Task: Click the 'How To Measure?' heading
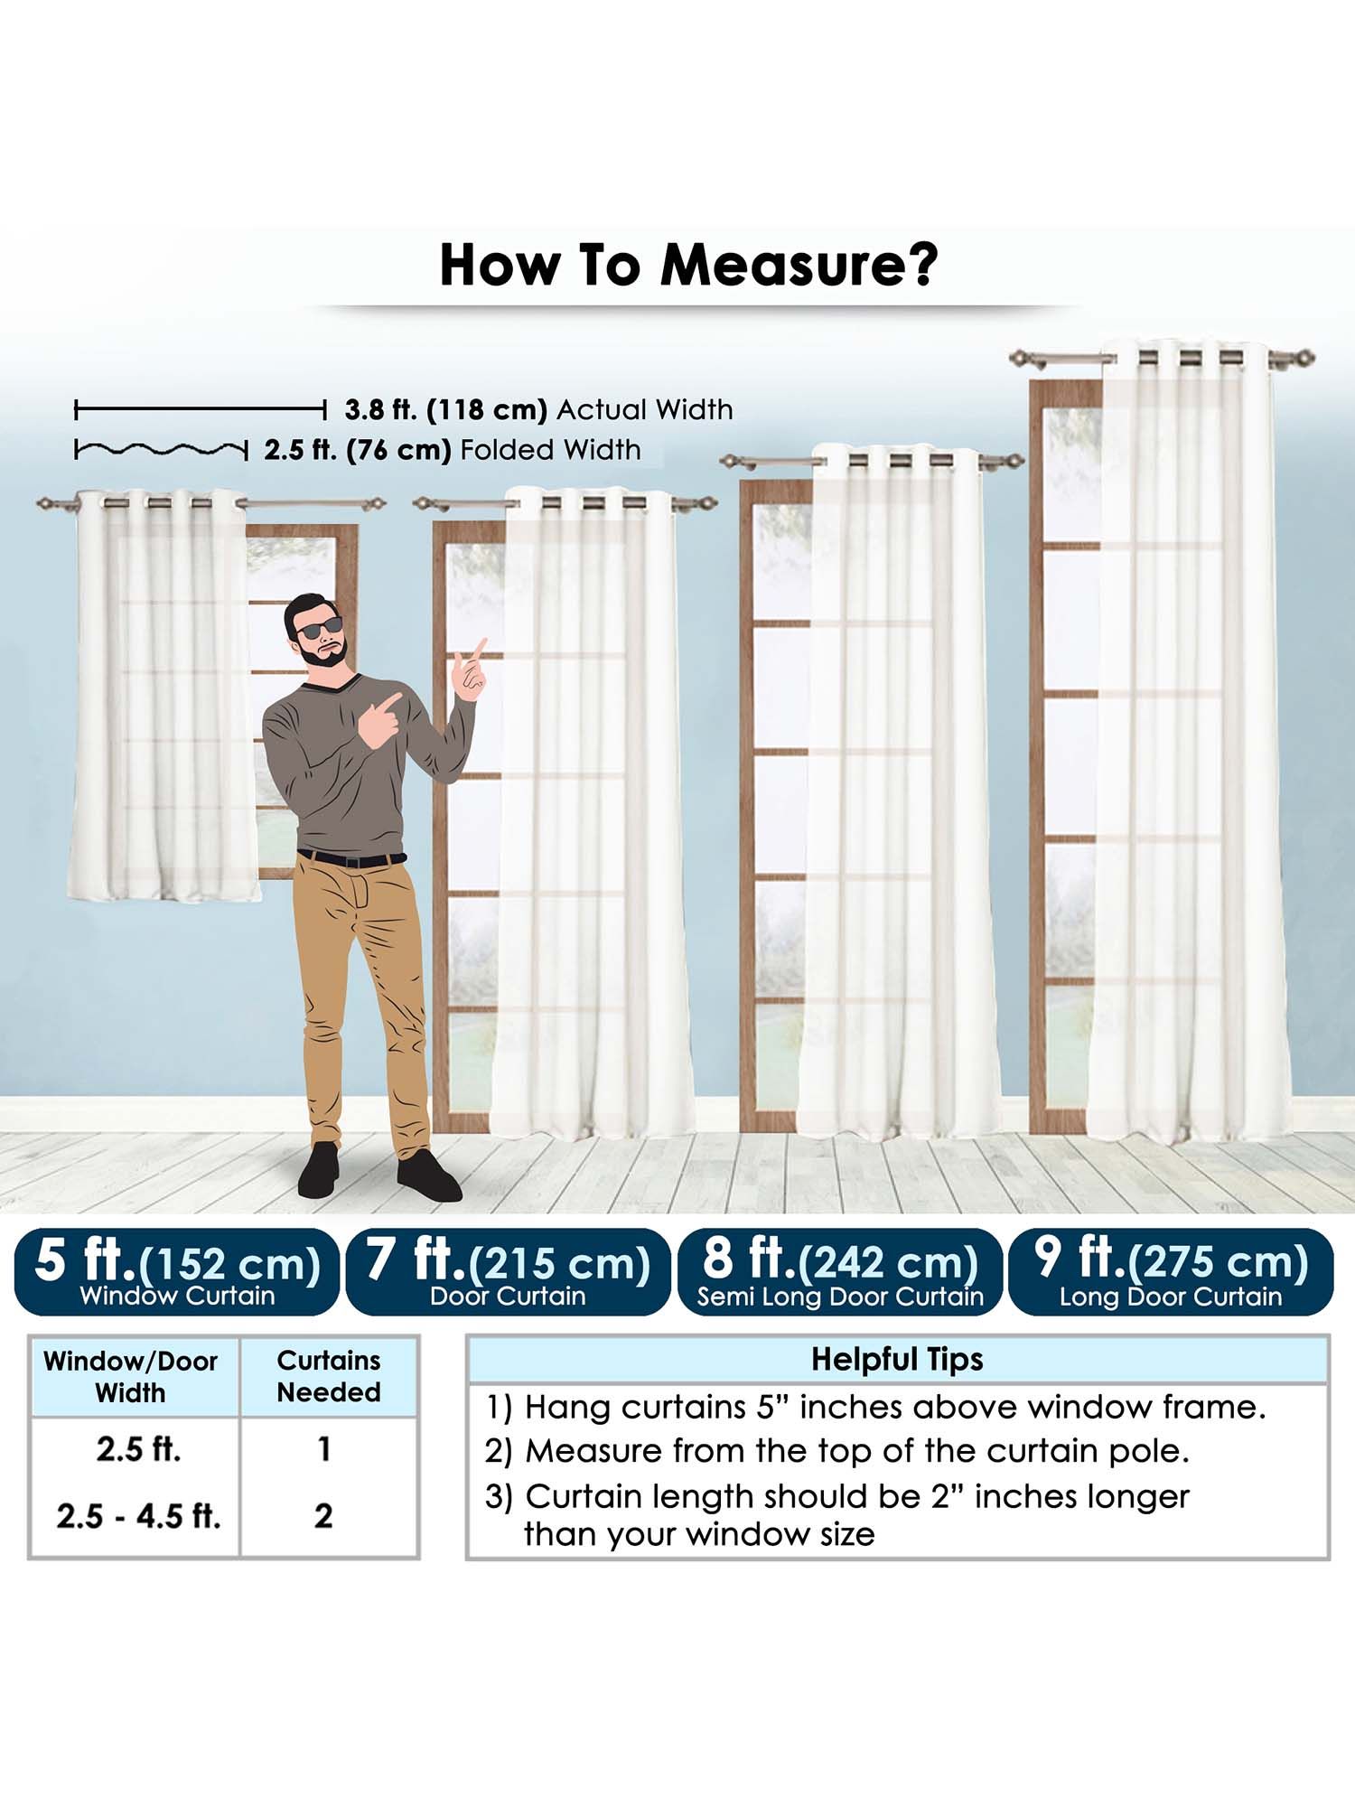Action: [688, 265]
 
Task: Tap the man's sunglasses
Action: [320, 630]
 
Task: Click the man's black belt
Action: [352, 858]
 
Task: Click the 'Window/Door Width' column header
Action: [131, 1377]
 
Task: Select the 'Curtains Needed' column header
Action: [329, 1376]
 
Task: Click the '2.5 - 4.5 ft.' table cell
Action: [138, 1516]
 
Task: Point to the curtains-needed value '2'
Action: [323, 1516]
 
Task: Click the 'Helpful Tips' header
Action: [897, 1360]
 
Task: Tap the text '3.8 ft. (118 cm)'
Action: [446, 410]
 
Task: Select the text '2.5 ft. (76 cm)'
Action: [358, 450]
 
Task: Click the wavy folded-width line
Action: [161, 449]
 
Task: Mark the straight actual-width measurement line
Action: [200, 411]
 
